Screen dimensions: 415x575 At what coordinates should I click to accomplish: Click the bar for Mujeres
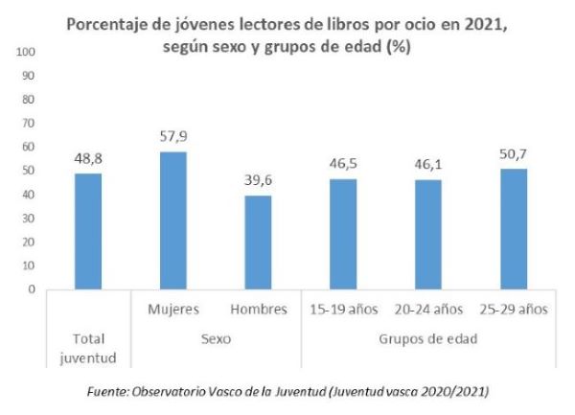pos(173,220)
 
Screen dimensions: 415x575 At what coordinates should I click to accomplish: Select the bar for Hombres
pos(258,242)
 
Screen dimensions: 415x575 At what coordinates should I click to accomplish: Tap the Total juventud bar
pos(88,231)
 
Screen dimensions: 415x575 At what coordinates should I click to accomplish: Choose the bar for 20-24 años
pos(429,235)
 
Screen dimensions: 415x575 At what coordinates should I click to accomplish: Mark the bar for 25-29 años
pos(514,229)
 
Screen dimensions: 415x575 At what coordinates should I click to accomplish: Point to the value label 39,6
pos(258,181)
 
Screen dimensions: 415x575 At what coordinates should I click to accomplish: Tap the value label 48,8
pos(88,159)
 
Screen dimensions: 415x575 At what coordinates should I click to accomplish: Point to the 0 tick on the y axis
pos(32,288)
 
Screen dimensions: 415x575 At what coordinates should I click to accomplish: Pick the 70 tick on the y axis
pos(29,123)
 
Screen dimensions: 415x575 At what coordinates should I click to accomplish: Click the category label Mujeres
pos(173,310)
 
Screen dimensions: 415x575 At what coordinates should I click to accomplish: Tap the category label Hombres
pos(258,310)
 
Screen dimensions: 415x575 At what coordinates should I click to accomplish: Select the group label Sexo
pos(216,338)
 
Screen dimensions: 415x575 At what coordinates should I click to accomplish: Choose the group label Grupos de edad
pos(429,338)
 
